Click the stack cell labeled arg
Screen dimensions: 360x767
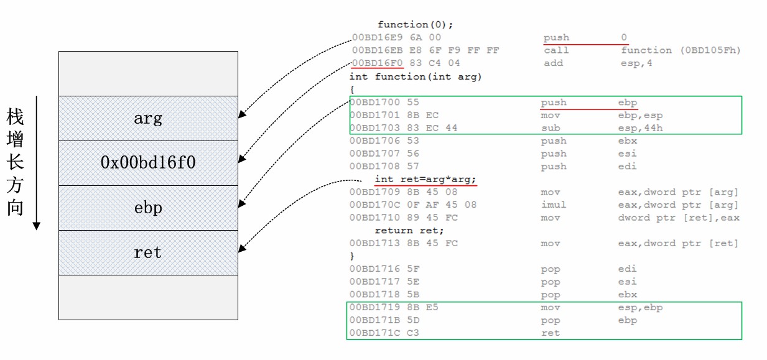coord(148,118)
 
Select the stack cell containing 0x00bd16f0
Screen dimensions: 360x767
coord(148,163)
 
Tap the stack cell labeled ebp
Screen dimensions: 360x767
coord(148,208)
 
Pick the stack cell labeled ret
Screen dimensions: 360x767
coord(148,252)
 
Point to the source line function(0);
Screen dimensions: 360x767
coord(416,25)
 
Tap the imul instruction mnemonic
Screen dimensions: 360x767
coord(553,205)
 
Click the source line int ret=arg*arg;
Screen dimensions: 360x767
coord(425,179)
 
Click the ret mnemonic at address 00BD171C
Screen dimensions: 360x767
coord(551,333)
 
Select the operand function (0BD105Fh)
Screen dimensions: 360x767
coord(681,50)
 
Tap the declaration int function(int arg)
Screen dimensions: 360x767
coord(416,76)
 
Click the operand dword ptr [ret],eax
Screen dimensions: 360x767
coord(678,218)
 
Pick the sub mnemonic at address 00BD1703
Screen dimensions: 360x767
coord(551,128)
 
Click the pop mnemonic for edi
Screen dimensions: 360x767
coord(551,269)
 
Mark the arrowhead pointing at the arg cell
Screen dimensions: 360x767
coord(241,115)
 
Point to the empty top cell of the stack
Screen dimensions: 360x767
coord(148,73)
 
